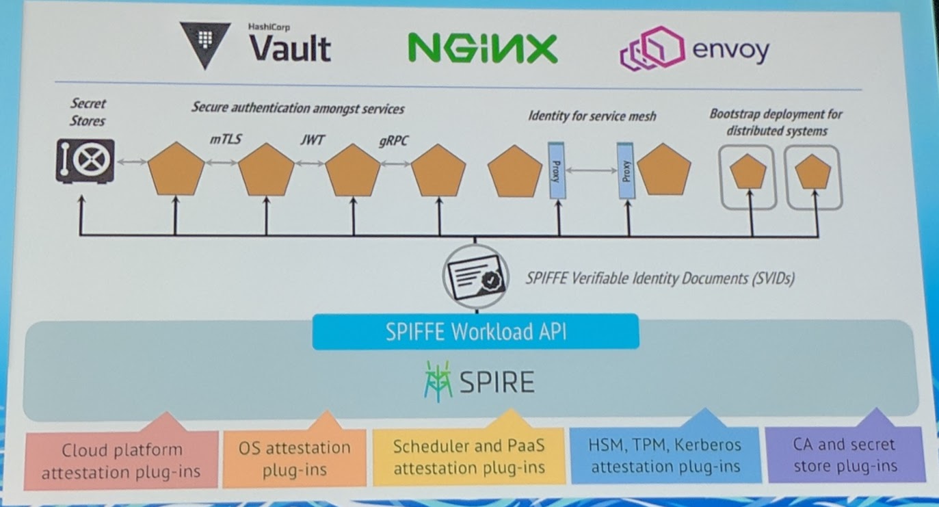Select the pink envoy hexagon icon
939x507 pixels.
click(651, 49)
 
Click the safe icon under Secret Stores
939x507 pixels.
click(85, 161)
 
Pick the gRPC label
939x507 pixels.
click(395, 142)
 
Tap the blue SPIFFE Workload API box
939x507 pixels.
click(475, 332)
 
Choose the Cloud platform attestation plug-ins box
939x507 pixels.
click(122, 460)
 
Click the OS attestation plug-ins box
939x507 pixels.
click(294, 458)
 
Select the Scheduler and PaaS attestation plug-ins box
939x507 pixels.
click(468, 457)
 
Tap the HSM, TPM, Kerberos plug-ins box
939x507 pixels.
click(665, 456)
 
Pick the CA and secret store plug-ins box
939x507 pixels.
click(844, 455)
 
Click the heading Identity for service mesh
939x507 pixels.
click(592, 116)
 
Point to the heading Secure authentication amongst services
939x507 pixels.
click(297, 108)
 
